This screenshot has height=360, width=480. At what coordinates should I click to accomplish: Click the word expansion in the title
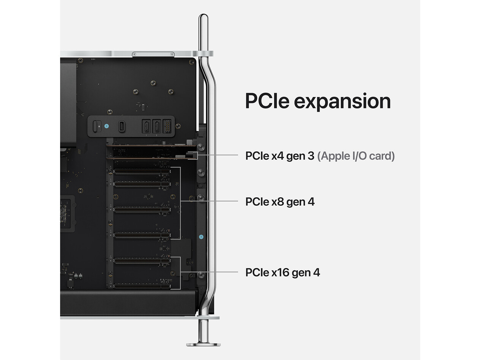(342, 101)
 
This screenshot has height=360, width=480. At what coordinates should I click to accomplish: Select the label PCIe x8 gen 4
(280, 201)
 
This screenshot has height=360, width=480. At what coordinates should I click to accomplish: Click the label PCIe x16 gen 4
(283, 272)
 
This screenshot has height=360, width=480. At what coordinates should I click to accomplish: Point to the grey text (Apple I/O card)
(356, 156)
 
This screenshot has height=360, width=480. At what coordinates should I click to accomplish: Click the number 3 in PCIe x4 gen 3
(311, 156)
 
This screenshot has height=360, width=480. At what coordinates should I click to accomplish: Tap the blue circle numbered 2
(106, 126)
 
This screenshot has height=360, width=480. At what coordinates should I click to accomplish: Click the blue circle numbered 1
(201, 237)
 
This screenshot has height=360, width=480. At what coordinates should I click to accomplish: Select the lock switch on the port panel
(97, 126)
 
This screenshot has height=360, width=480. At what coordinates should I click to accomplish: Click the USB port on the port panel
(122, 127)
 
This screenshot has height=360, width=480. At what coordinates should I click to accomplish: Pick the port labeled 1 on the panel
(146, 126)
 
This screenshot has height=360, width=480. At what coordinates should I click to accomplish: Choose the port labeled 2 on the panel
(156, 126)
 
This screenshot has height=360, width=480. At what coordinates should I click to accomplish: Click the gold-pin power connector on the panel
(167, 126)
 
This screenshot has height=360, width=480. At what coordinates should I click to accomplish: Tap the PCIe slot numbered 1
(142, 286)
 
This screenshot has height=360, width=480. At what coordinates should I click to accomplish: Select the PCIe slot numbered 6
(142, 171)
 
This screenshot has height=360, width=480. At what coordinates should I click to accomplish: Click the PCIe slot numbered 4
(142, 209)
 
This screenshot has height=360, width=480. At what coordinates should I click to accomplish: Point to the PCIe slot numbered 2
(142, 260)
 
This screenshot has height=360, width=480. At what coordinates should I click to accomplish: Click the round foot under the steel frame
(203, 345)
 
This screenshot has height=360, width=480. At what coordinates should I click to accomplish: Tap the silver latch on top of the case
(153, 54)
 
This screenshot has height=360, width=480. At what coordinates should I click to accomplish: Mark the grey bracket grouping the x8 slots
(180, 203)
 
